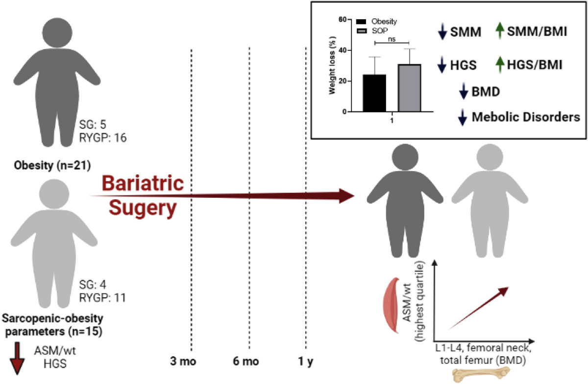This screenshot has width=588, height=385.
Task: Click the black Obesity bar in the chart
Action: coord(374,93)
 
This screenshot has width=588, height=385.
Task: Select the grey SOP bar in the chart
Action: coord(410,88)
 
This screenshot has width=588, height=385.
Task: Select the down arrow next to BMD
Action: coord(463,92)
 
